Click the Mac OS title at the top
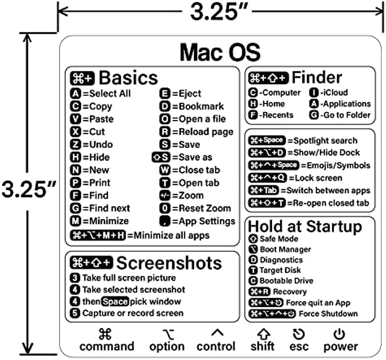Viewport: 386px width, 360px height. click(220, 52)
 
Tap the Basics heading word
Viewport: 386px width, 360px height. click(128, 77)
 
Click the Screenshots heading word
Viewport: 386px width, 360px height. click(169, 263)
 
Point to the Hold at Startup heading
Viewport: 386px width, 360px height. click(305, 226)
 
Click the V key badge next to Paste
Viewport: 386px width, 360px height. click(75, 119)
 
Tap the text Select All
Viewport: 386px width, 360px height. click(110, 93)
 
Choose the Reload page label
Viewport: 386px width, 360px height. click(206, 132)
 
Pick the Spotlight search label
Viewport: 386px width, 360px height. click(325, 140)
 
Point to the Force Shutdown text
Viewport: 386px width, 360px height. click(328, 314)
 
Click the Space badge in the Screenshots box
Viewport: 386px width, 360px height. click(115, 302)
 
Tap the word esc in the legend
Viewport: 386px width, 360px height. click(299, 346)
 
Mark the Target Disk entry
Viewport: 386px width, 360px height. click(280, 270)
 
